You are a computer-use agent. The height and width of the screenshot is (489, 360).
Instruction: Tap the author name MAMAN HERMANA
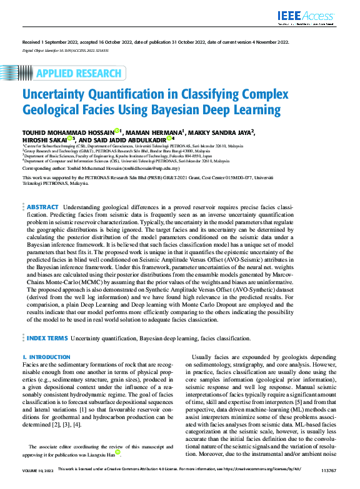coord(155,132)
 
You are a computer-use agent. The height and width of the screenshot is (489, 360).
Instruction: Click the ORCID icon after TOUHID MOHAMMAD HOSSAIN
coord(117,132)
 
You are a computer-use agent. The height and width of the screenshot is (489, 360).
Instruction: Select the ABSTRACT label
coord(42,207)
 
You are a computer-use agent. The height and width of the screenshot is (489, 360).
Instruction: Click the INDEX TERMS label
coord(47,338)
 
